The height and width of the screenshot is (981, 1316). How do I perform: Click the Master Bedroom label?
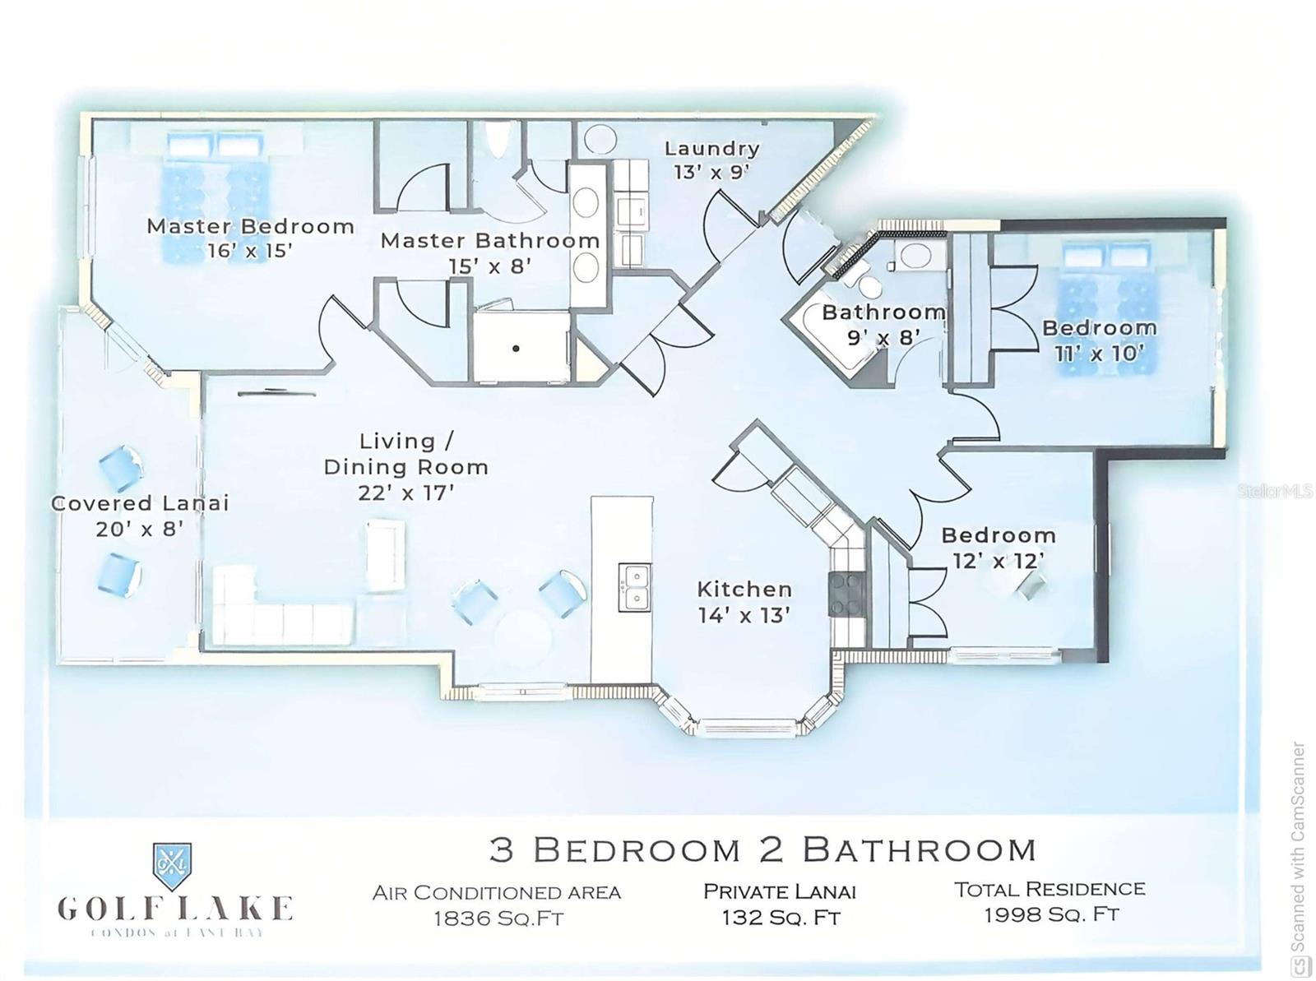(250, 226)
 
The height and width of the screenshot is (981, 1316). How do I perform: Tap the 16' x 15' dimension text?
(250, 251)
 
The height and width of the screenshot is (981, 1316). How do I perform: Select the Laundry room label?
(711, 149)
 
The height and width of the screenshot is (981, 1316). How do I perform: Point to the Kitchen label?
(744, 589)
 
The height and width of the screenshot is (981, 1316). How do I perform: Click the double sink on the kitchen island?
(633, 587)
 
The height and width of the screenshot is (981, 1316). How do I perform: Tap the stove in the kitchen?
(847, 592)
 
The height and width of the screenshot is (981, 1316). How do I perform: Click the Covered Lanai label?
(140, 503)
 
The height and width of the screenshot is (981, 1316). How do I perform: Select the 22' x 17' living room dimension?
(406, 493)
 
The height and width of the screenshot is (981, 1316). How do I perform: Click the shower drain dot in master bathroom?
(516, 349)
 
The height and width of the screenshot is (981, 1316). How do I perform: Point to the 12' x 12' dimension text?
(999, 561)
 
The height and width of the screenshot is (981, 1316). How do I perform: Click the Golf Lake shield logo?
(173, 865)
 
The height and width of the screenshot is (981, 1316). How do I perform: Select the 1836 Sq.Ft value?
(498, 919)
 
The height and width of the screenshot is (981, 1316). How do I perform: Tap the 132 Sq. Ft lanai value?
(781, 917)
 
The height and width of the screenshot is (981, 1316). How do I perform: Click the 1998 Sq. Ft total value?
(1050, 914)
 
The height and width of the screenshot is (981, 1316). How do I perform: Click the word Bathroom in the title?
(920, 849)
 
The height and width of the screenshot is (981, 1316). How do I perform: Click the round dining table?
(521, 633)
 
